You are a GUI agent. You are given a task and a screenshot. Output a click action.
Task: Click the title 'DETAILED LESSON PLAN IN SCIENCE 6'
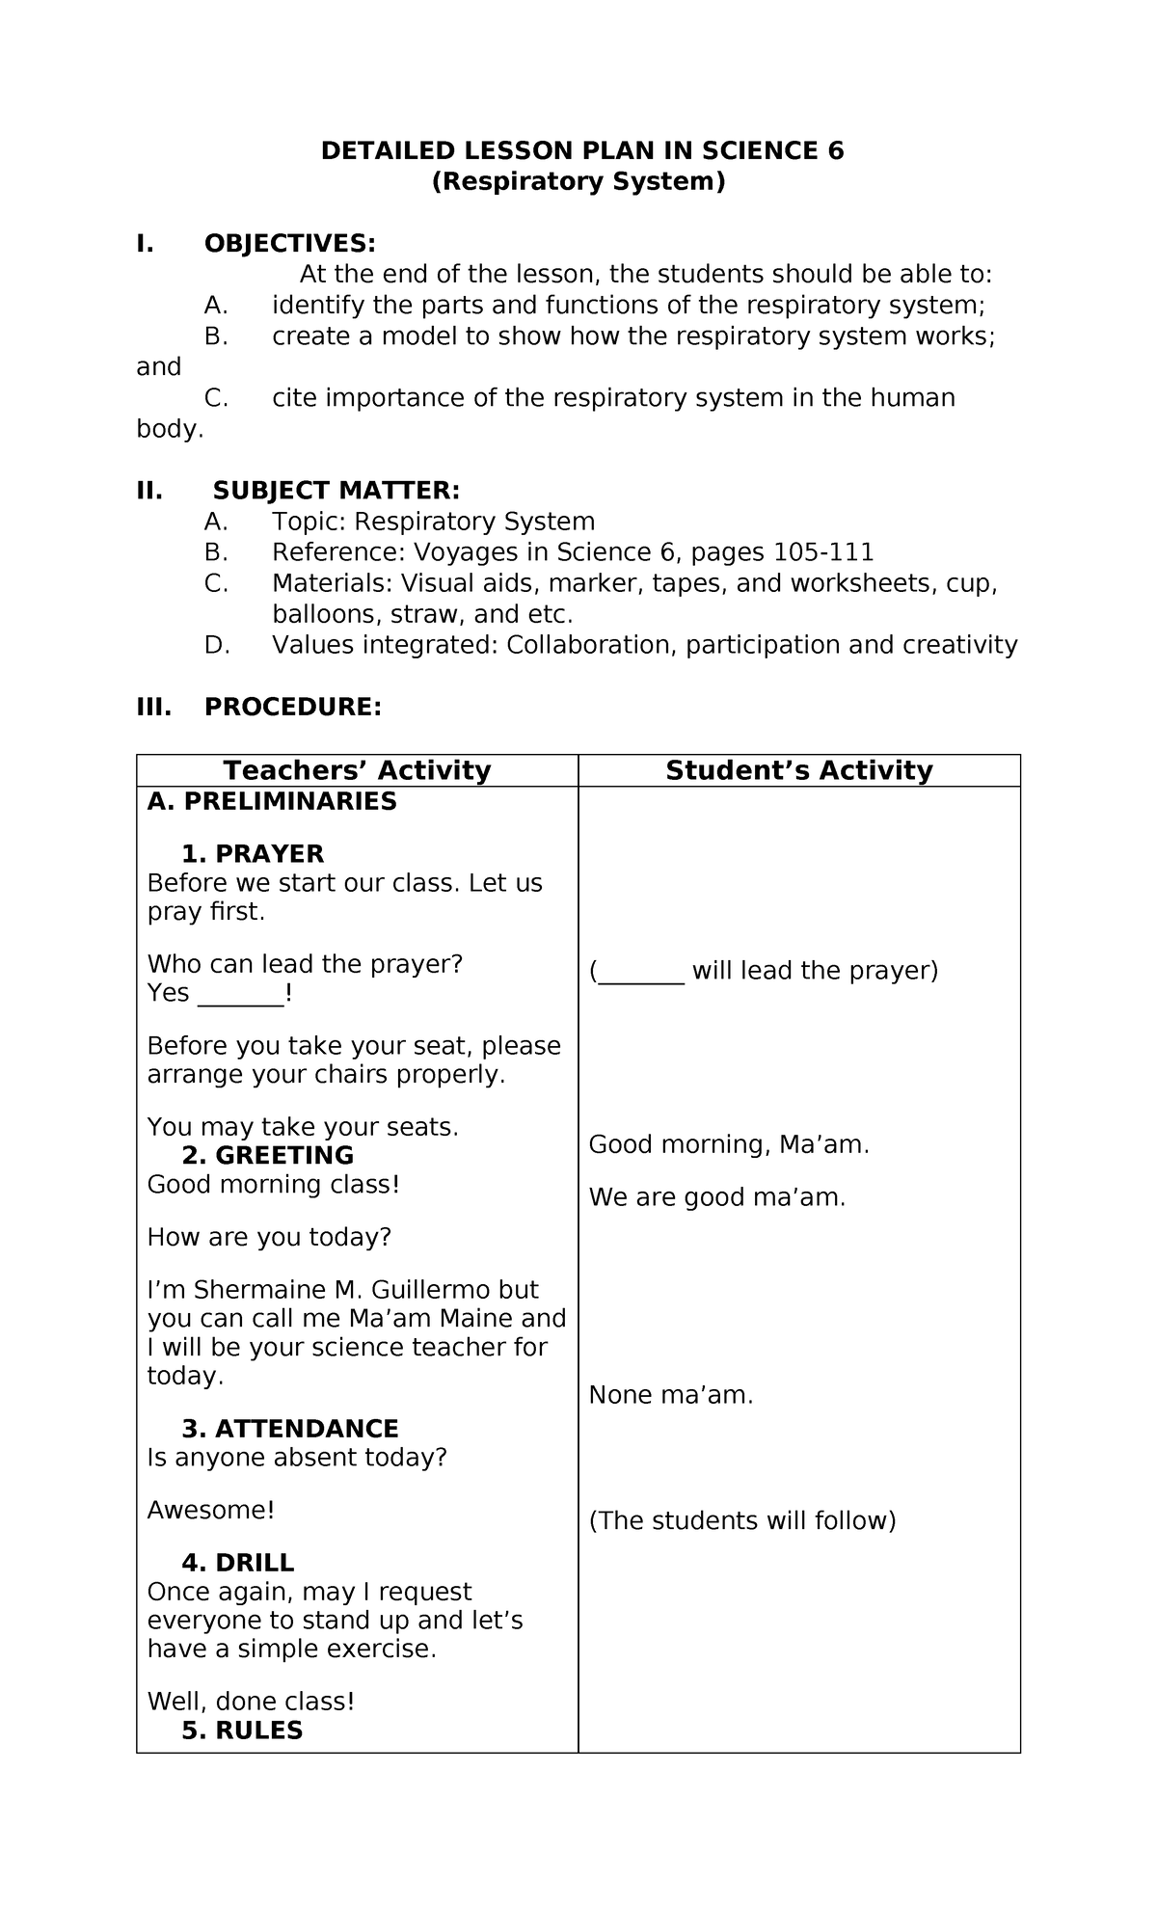point(581,150)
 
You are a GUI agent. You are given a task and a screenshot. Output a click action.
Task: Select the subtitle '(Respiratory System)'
point(578,181)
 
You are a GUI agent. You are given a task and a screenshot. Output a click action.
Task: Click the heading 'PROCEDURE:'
point(293,707)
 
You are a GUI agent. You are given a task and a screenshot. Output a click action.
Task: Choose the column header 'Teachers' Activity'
point(357,770)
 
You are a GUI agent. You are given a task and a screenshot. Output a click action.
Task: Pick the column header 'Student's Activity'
point(798,770)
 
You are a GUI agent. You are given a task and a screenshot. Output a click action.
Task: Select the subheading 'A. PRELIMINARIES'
point(272,801)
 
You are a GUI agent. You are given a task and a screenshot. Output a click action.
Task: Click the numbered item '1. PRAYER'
point(253,854)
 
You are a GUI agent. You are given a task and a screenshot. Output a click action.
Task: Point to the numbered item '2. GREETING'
point(267,1155)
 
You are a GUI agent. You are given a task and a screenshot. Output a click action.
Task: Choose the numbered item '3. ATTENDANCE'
point(289,1429)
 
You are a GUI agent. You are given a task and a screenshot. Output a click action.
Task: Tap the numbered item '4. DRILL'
point(237,1563)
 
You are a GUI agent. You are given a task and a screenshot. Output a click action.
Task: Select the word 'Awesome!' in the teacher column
point(211,1510)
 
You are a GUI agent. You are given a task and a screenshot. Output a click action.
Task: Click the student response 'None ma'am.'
point(671,1395)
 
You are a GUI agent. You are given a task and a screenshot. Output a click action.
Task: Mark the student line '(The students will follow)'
point(742,1520)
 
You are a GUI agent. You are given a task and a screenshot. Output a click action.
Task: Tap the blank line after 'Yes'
point(241,995)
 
